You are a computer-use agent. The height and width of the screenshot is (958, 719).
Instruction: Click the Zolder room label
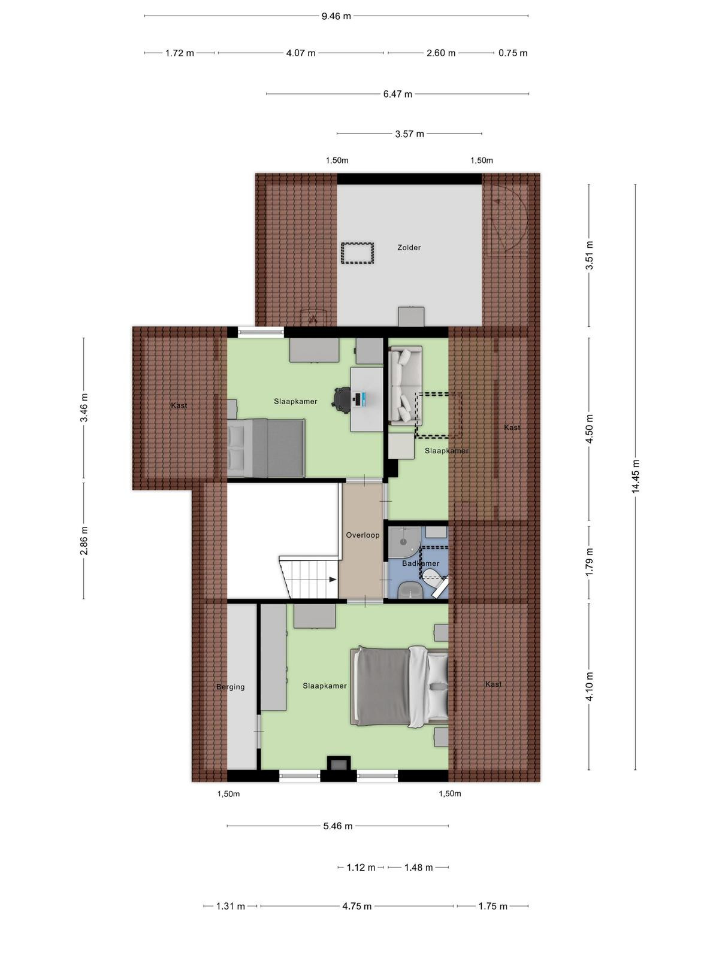(409, 247)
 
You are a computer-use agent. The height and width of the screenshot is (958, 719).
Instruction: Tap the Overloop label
(362, 535)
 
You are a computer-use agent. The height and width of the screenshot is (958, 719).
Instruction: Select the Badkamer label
(421, 563)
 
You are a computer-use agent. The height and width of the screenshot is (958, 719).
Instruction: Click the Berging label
(231, 687)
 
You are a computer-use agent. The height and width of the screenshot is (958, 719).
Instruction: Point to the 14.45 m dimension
(635, 477)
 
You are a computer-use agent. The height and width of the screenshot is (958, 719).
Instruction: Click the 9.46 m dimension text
(336, 16)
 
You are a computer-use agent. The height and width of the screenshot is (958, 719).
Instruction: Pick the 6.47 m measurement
(398, 94)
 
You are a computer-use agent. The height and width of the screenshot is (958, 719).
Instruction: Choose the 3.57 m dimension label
(409, 134)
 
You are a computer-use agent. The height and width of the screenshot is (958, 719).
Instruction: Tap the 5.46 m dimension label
(338, 826)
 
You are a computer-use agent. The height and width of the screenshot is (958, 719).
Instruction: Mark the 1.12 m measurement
(361, 867)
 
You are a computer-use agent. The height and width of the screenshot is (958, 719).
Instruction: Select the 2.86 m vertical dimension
(84, 541)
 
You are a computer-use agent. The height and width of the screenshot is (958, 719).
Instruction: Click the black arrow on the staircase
(333, 580)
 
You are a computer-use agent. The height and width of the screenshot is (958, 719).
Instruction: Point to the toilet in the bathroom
(433, 579)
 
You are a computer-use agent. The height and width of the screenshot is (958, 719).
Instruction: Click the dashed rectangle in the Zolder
(358, 253)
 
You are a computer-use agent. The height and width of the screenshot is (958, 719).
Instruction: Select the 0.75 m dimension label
(513, 53)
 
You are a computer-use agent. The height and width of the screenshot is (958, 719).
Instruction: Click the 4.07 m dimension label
(301, 53)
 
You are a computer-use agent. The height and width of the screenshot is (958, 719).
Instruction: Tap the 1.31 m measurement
(231, 906)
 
